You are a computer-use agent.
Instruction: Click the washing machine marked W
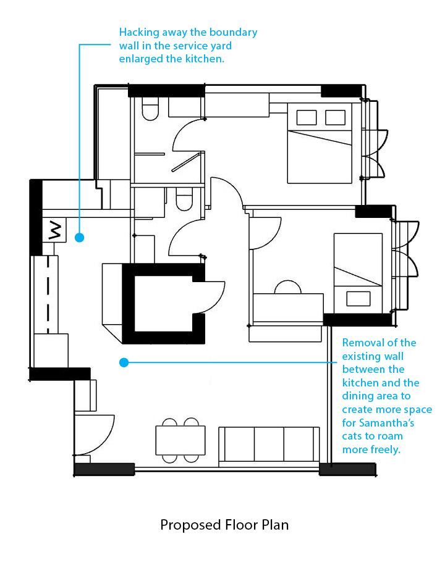[54, 230]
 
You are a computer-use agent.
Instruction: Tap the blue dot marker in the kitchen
[80, 237]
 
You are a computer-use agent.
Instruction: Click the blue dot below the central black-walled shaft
[124, 362]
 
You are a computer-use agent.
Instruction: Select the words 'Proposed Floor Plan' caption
[224, 525]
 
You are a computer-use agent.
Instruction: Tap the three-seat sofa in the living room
[269, 446]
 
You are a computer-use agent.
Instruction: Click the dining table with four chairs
[180, 440]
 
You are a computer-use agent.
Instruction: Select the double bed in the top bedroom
[320, 143]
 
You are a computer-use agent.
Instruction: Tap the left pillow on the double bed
[307, 118]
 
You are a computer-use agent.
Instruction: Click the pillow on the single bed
[358, 298]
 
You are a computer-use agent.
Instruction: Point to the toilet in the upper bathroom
[150, 109]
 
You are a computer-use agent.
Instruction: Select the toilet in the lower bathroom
[184, 199]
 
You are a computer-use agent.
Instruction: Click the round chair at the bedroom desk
[287, 287]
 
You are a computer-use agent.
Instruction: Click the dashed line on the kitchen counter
[48, 294]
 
